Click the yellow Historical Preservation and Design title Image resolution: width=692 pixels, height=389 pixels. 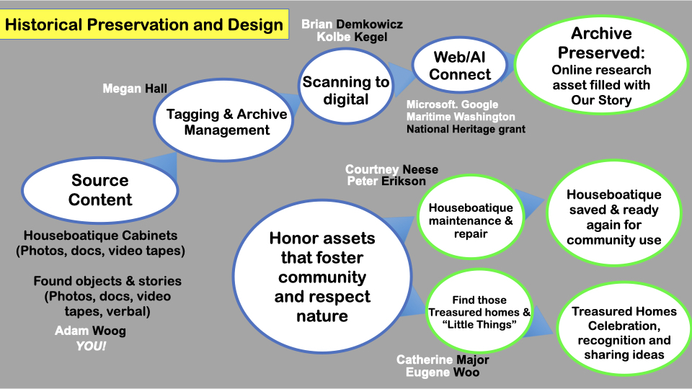144,24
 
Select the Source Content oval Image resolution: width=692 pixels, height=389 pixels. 99,190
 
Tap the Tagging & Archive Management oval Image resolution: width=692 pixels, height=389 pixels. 223,120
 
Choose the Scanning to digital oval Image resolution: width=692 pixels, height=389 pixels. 345,86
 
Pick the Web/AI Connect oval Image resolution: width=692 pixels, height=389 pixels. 459,66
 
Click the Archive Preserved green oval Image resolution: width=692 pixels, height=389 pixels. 601,66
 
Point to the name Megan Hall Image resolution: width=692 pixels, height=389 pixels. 135,89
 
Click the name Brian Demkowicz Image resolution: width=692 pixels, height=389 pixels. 352,24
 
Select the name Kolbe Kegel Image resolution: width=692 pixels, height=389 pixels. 352,37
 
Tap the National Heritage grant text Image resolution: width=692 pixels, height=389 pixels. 466,129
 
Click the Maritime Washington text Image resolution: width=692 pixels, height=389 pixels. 461,117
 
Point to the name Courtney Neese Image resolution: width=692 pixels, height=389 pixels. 391,169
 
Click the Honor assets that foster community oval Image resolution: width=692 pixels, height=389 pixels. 322,277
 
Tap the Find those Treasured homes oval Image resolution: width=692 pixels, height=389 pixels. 479,311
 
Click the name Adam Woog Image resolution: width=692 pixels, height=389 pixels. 90,331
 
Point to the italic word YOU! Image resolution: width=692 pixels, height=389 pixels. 91,346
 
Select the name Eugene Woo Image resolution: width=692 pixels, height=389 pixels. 442,372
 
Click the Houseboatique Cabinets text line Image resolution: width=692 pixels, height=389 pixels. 101,236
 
